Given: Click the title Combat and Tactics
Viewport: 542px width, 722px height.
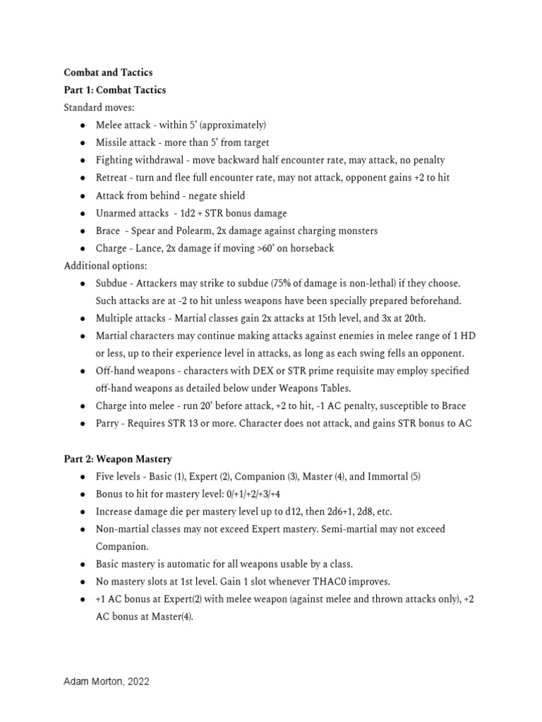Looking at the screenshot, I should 108,73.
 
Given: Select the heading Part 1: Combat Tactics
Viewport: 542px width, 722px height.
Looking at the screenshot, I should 115,90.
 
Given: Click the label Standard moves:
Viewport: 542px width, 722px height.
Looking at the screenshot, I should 99,108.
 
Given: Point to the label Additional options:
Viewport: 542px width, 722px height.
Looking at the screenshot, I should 105,266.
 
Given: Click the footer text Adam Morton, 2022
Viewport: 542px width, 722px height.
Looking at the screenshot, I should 107,682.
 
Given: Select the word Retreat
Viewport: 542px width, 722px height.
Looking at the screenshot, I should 112,178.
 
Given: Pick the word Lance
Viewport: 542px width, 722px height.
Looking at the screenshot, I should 147,248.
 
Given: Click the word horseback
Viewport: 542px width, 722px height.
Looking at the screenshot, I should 308,248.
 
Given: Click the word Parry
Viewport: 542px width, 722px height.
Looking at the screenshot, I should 109,423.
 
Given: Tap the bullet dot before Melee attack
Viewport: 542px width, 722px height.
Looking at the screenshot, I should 83,126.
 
